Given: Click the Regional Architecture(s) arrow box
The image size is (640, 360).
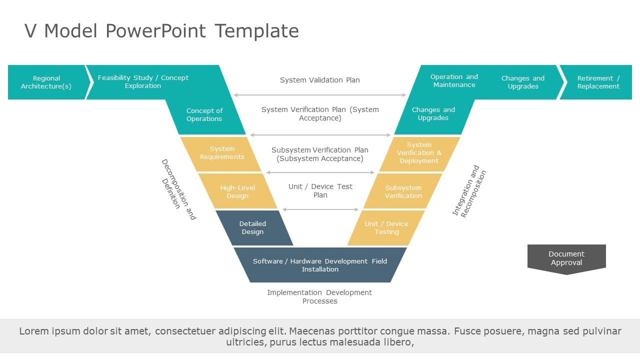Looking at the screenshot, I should pos(46,82).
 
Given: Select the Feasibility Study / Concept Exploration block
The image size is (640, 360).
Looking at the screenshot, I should pos(143,82).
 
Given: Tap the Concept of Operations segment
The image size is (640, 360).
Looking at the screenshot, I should pos(204,115).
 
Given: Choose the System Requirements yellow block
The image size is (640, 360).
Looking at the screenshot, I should pos(222,153).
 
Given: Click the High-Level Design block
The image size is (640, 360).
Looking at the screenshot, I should pos(237,191).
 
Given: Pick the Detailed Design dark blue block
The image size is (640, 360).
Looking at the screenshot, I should pos(253,228).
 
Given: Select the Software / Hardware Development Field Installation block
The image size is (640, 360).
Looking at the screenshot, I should pos(320,265).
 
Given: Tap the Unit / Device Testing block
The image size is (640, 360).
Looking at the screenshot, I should pos(386,228).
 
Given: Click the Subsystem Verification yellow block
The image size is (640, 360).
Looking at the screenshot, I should pos(403,191).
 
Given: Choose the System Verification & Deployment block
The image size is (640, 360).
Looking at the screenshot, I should pos(419,153).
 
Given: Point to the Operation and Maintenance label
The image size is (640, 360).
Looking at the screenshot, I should pos(454,81).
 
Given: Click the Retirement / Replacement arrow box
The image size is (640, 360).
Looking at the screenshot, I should pos(598,82).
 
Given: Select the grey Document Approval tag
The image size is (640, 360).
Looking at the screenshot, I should pos(566,258).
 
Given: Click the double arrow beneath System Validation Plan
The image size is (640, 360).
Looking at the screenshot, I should pos(320,95).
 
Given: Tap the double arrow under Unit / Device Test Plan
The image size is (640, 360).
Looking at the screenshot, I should pos(320,209).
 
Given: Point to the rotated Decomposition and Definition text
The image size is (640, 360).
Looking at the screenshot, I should pos(178,189).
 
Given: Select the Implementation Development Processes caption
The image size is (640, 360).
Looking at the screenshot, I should pos(320,296).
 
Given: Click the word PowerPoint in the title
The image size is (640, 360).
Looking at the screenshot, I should pos(155,31).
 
